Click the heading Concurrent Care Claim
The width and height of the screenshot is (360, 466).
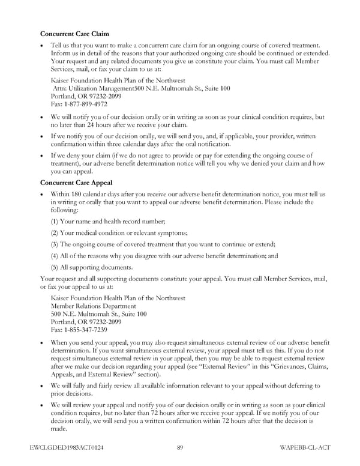pos(74,34)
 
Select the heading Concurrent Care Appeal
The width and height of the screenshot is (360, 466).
pos(77,182)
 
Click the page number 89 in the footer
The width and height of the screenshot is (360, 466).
pos(181,448)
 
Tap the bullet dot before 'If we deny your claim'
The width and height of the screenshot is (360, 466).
pos(42,156)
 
